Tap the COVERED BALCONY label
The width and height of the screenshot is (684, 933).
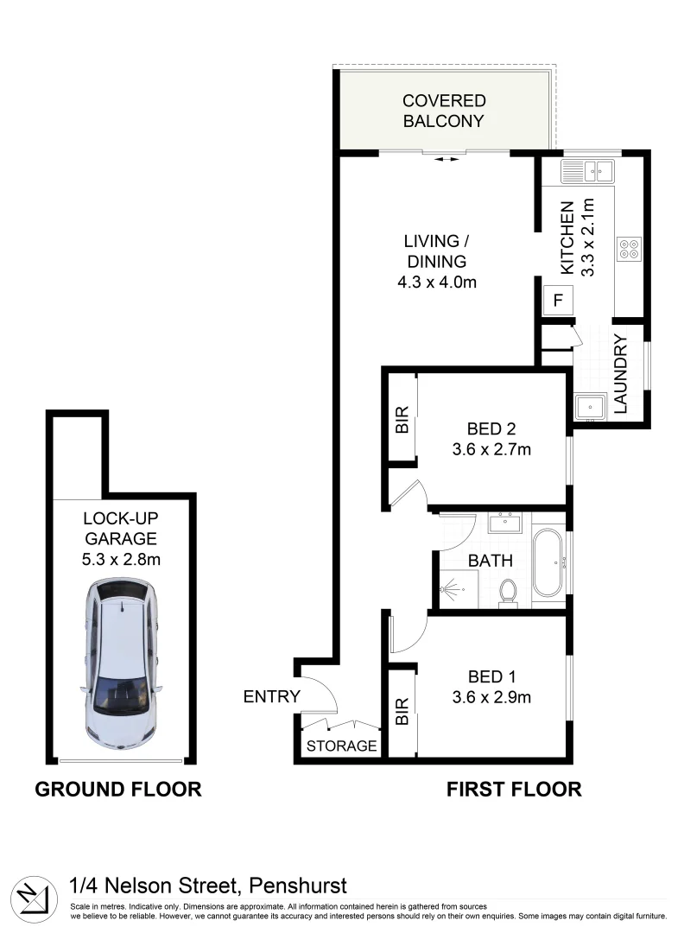tap(444, 111)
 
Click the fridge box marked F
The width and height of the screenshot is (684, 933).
tap(557, 301)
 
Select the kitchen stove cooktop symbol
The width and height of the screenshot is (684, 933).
tap(629, 250)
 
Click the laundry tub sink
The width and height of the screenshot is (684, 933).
tap(590, 405)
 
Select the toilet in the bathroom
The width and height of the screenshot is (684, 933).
tap(508, 593)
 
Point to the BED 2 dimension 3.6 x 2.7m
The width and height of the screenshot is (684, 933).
tap(491, 449)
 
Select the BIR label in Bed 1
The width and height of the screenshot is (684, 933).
tap(402, 711)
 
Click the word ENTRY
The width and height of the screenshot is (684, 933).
tap(271, 696)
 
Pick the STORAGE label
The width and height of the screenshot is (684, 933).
tap(342, 746)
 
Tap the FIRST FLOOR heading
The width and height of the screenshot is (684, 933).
tap(513, 789)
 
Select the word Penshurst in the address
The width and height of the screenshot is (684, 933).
tap(298, 885)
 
